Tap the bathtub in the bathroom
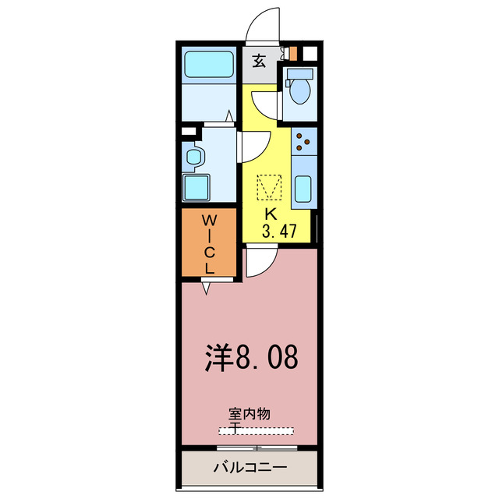(x=209, y=65)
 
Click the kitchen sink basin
(x=304, y=189)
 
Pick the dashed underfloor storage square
(x=269, y=186)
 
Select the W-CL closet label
(x=209, y=243)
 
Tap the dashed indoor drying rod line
(x=257, y=430)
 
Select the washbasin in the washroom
(x=193, y=157)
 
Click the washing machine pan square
(x=197, y=188)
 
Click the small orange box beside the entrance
(x=293, y=54)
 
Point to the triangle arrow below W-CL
(x=207, y=288)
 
